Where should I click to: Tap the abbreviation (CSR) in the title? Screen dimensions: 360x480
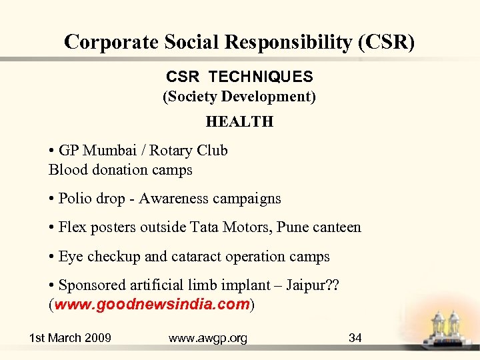pyautogui.click(x=386, y=43)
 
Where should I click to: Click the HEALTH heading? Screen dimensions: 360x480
pyautogui.click(x=239, y=121)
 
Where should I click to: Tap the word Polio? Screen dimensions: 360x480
pyautogui.click(x=76, y=199)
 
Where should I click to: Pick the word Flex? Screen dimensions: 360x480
pyautogui.click(x=72, y=227)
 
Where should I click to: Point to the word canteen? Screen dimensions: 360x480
pyautogui.click(x=335, y=227)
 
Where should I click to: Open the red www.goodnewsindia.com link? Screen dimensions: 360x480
pyautogui.click(x=152, y=305)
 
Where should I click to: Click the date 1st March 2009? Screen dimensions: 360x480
pyautogui.click(x=70, y=338)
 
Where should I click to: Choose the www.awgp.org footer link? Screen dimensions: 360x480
pyautogui.click(x=207, y=338)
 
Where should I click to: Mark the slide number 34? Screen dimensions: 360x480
pyautogui.click(x=355, y=338)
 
